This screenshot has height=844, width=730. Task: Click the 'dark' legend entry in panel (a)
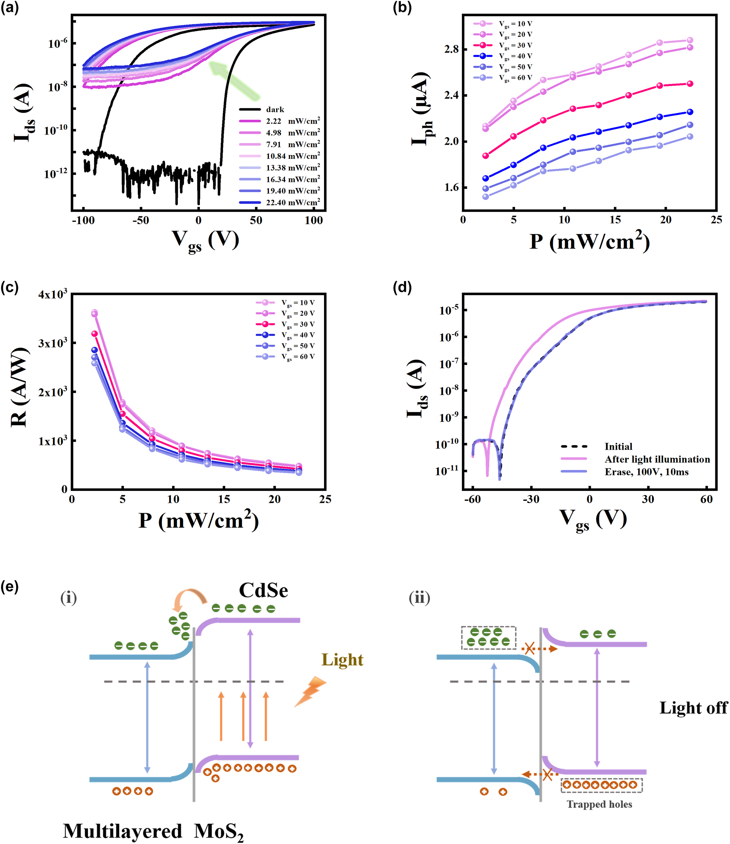pos(275,109)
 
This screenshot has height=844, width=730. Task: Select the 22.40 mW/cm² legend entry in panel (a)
pos(292,202)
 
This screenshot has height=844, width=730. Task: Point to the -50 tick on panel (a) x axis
pos(141,220)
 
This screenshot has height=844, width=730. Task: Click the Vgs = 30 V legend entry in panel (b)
pos(515,45)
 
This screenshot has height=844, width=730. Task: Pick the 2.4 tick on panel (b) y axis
pos(451,95)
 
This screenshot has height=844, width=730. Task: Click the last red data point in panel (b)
pos(690,83)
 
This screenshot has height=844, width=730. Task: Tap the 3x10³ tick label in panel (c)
pos(53,343)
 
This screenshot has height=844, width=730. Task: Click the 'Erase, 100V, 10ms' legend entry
pos(647,472)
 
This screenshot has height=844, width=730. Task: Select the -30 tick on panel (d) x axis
pos(531,499)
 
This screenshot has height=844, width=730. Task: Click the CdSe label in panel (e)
pos(263,590)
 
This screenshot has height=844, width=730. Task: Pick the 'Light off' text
pos(693,708)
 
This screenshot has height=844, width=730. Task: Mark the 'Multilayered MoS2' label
pos(153,831)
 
